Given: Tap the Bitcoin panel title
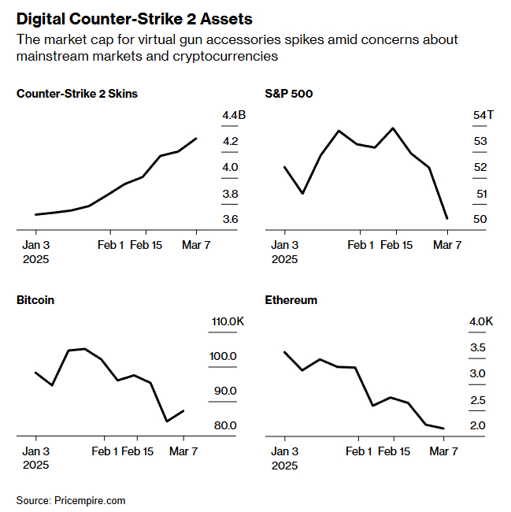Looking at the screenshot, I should (35, 300).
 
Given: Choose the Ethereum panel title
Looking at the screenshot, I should (291, 300).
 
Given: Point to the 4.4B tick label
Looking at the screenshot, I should (234, 116).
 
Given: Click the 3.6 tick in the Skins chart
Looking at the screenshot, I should (231, 219).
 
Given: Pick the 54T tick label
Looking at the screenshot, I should (483, 116).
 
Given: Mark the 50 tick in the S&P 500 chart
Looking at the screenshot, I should (480, 219).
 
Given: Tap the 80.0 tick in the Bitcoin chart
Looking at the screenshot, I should (224, 426).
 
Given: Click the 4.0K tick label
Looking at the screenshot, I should (481, 321).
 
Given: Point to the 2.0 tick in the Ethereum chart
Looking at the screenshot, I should (477, 426).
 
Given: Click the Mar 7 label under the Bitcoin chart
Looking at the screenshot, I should (183, 451).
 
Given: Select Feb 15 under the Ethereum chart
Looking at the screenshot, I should (393, 451).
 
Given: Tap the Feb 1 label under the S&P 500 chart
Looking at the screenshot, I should (361, 246).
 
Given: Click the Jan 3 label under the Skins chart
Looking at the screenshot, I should (36, 246).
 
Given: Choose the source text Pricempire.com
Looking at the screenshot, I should (90, 500).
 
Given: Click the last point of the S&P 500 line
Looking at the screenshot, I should (447, 218).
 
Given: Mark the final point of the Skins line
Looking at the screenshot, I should (196, 138).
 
